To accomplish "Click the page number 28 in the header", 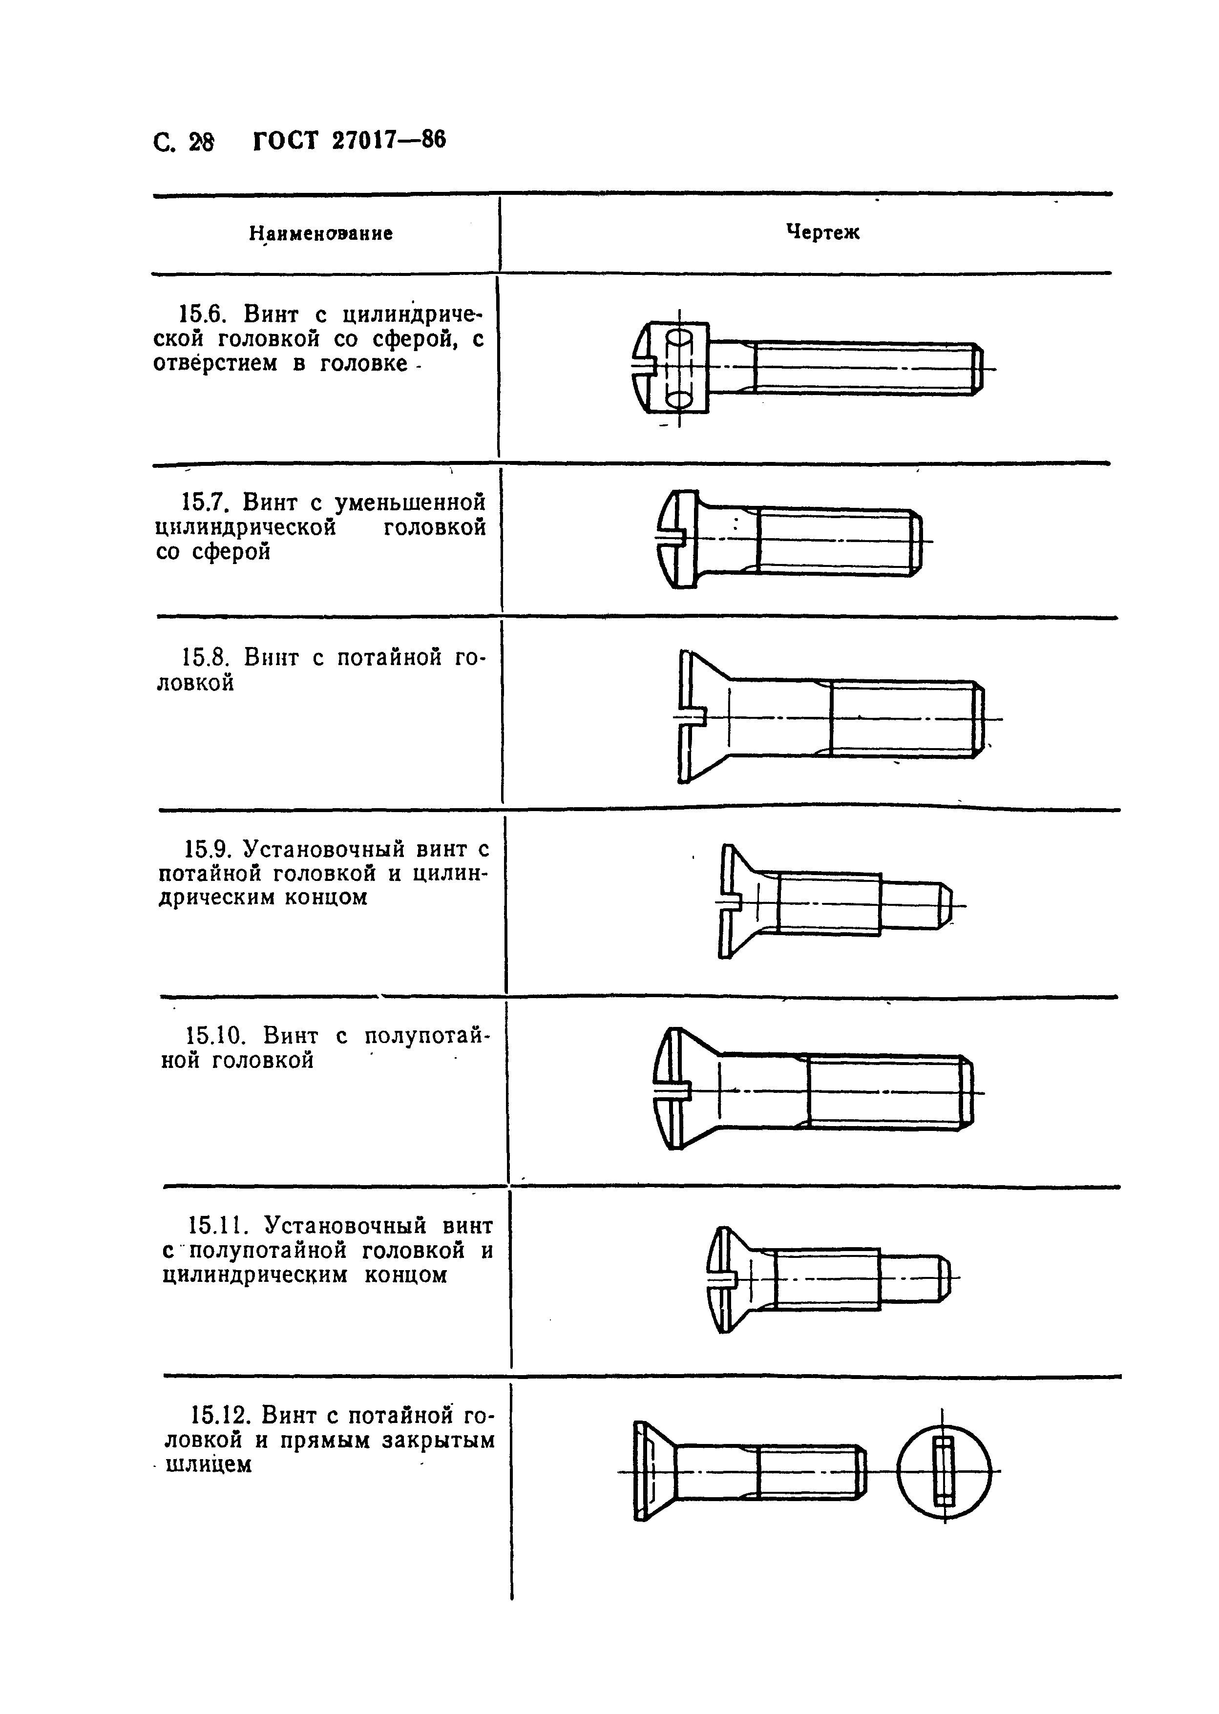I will tap(200, 142).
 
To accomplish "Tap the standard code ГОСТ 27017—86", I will tap(350, 140).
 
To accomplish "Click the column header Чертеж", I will tap(822, 232).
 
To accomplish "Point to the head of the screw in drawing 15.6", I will tap(672, 368).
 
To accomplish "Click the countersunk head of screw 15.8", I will tap(702, 717).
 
